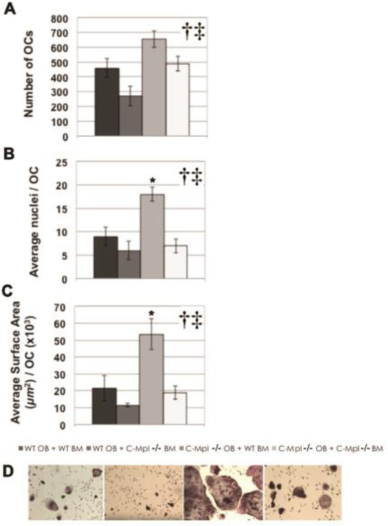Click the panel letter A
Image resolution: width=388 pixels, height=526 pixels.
pyautogui.click(x=10, y=10)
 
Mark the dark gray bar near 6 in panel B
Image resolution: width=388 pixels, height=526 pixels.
pyautogui.click(x=129, y=264)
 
